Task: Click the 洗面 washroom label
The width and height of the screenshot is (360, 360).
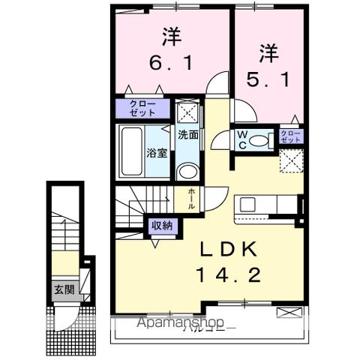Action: click(187, 136)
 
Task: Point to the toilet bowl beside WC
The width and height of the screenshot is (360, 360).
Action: click(262, 139)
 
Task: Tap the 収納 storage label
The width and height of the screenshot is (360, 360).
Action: click(163, 225)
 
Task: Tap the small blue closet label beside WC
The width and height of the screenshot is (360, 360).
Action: click(289, 136)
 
